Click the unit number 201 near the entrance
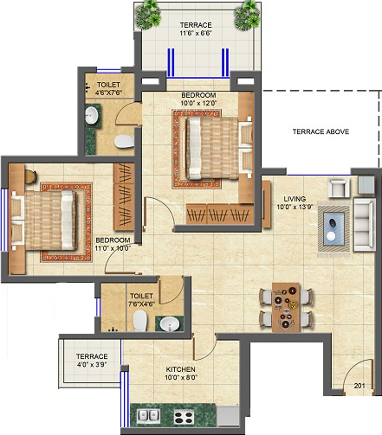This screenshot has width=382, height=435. pyautogui.click(x=360, y=385)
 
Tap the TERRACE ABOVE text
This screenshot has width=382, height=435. pyautogui.click(x=321, y=132)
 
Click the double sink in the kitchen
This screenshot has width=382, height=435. pyautogui.click(x=149, y=415)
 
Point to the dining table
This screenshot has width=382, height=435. pyautogui.click(x=286, y=307)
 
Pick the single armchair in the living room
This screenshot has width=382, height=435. pyautogui.click(x=339, y=187)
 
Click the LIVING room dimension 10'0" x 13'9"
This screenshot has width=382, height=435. pyautogui.click(x=295, y=207)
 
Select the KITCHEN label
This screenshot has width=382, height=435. pyautogui.click(x=180, y=370)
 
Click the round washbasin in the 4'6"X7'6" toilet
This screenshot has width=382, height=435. pyautogui.click(x=91, y=115)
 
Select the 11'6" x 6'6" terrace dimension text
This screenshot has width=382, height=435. pyautogui.click(x=196, y=33)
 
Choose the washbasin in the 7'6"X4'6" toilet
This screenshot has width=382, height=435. pyautogui.click(x=170, y=324)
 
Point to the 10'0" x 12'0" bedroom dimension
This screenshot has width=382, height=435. pyautogui.click(x=199, y=103)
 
